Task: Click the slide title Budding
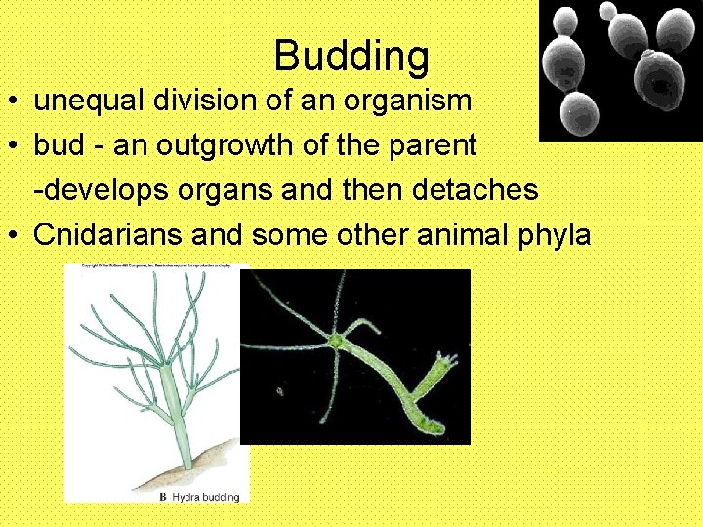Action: point(351,56)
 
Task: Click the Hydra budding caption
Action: point(206,497)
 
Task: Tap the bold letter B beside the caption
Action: point(163,497)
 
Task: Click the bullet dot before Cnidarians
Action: point(17,235)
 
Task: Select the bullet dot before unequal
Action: point(17,101)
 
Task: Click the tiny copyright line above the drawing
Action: point(156,266)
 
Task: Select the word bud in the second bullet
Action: point(55,145)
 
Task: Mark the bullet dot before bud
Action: point(17,146)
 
